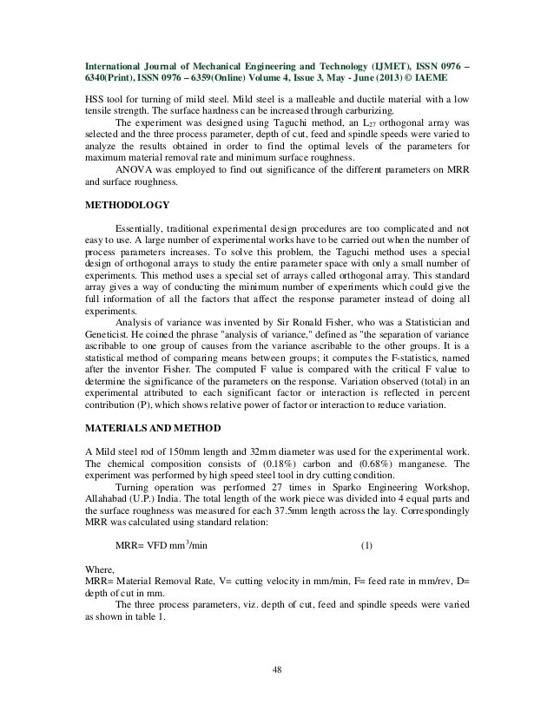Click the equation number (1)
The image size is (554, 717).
point(366,546)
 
